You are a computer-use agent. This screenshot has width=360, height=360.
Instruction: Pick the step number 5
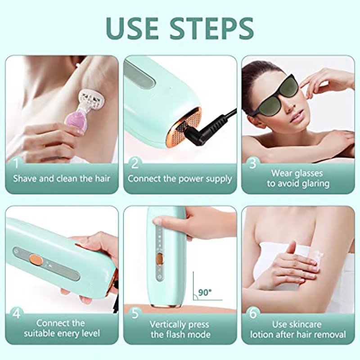click(x=134, y=313)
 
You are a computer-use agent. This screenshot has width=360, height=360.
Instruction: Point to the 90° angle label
click(x=204, y=292)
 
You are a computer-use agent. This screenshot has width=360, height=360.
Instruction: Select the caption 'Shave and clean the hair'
click(x=62, y=179)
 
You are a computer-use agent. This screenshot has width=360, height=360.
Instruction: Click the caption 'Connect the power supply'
click(x=180, y=179)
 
